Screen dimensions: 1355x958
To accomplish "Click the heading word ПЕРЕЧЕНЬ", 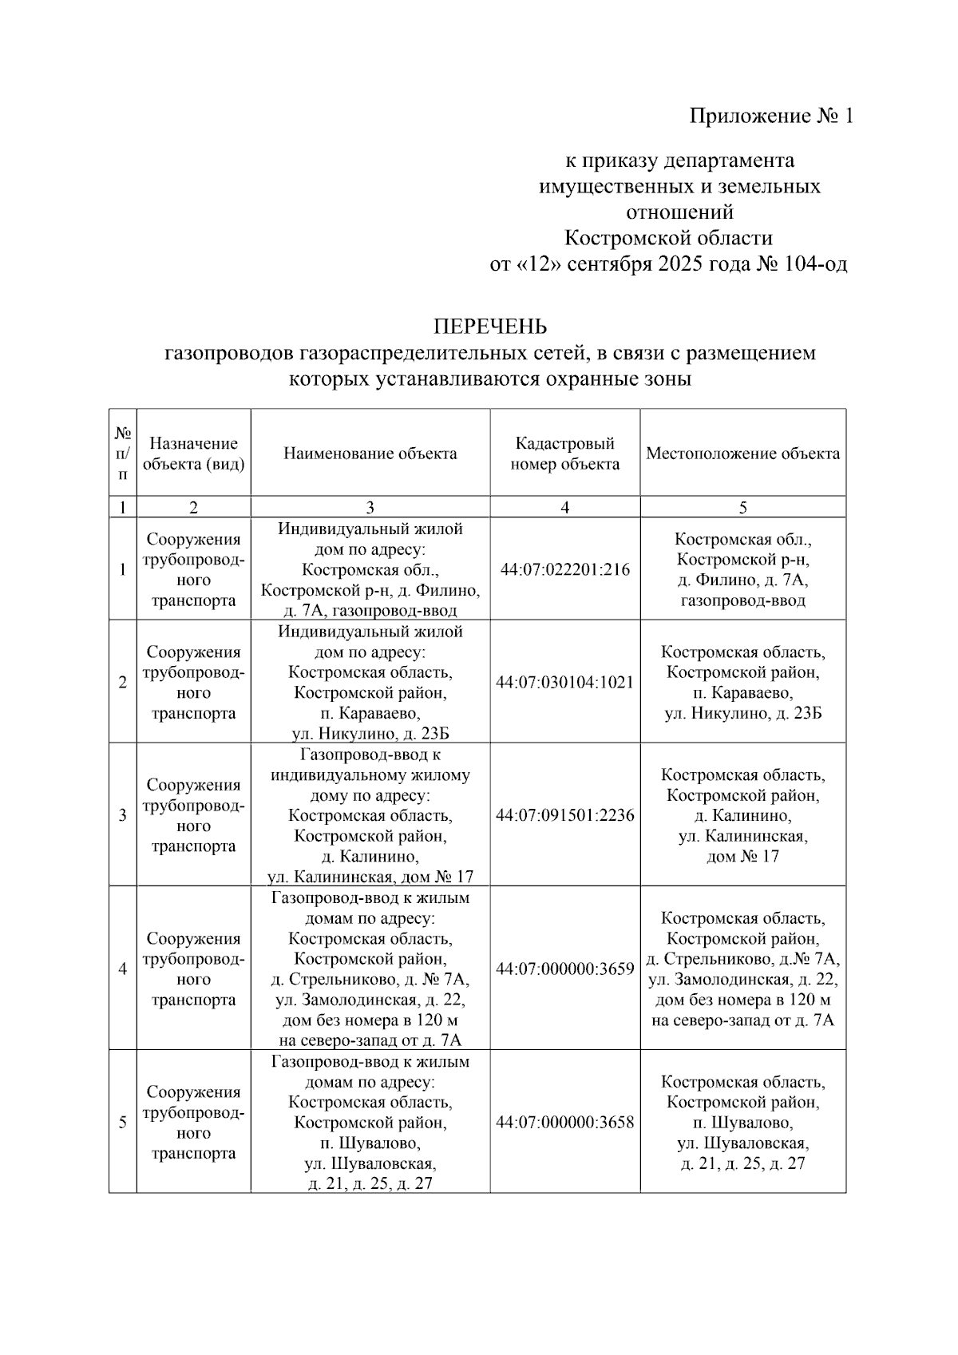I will click(489, 326).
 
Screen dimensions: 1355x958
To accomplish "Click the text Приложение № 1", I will click(771, 117).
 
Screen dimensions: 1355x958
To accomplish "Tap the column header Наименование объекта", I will click(370, 454).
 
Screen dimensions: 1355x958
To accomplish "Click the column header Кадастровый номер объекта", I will click(564, 454).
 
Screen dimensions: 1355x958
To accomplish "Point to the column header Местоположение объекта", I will click(742, 454).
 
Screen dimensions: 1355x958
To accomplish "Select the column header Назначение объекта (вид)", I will click(193, 454).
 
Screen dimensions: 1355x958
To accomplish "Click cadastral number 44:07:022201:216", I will click(564, 569).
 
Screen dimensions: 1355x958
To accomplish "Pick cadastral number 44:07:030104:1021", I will click(564, 682).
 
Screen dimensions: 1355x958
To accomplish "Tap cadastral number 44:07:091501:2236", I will click(564, 815).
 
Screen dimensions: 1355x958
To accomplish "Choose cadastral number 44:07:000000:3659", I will click(564, 969).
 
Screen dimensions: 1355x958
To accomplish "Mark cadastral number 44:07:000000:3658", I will click(564, 1122).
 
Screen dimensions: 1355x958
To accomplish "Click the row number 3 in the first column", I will click(122, 815).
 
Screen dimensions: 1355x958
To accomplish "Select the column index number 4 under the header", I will click(564, 507).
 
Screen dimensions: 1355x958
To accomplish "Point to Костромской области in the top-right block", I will click(668, 238).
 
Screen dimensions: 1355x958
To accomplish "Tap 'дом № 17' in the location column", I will click(742, 857).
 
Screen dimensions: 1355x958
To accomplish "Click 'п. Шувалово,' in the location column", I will click(742, 1123).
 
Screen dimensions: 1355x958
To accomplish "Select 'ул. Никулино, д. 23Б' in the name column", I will click(370, 733).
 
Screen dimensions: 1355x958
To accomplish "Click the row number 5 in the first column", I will click(122, 1122).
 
